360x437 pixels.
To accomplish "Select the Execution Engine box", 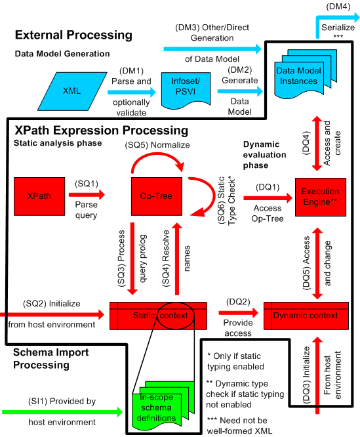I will click(x=319, y=195).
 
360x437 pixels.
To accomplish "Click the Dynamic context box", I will click(x=310, y=315).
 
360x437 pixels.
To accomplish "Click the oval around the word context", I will click(x=172, y=317).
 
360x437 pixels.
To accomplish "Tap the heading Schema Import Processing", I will click(x=51, y=360).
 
